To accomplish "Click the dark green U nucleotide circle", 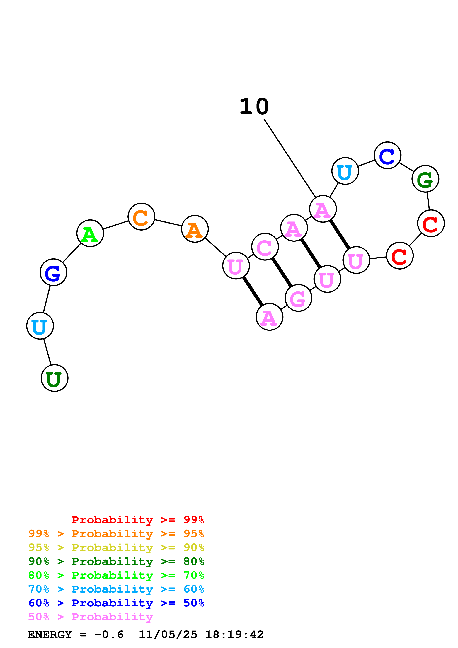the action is click(55, 378).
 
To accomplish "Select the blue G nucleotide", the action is click(53, 272).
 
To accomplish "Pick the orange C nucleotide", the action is click(141, 216).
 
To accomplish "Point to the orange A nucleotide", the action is click(195, 229).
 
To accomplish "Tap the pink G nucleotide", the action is click(298, 298).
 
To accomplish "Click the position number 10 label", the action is click(254, 107).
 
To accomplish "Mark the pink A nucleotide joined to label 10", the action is click(323, 209).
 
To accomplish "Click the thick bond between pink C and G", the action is click(282, 272).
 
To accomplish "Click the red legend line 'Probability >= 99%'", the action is click(138, 520).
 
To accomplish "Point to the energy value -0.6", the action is click(109, 635).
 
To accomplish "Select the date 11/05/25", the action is click(168, 635).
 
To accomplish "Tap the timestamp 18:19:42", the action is click(234, 635).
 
